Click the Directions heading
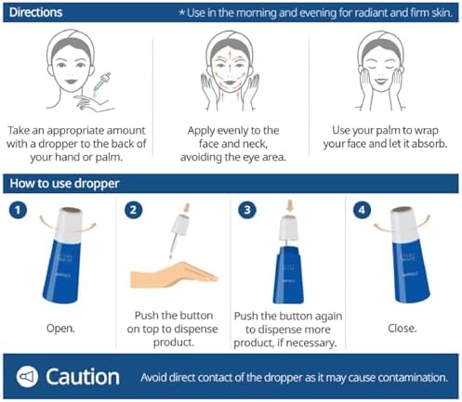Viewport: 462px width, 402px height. click(x=35, y=12)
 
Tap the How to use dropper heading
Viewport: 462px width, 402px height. click(x=64, y=183)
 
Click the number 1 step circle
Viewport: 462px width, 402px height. click(x=18, y=210)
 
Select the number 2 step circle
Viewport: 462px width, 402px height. click(x=133, y=210)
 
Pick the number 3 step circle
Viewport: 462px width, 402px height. click(x=247, y=210)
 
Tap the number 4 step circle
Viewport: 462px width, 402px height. click(x=362, y=210)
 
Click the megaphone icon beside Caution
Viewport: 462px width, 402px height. click(x=27, y=377)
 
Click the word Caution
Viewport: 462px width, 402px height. click(x=83, y=377)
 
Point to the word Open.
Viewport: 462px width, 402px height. click(x=60, y=328)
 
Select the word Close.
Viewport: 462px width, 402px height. click(x=403, y=328)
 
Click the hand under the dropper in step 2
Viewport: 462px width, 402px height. click(x=175, y=275)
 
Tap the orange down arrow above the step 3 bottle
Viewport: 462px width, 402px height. click(x=290, y=205)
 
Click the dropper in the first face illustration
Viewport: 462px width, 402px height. click(x=101, y=84)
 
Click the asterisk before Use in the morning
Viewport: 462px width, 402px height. click(x=182, y=12)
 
